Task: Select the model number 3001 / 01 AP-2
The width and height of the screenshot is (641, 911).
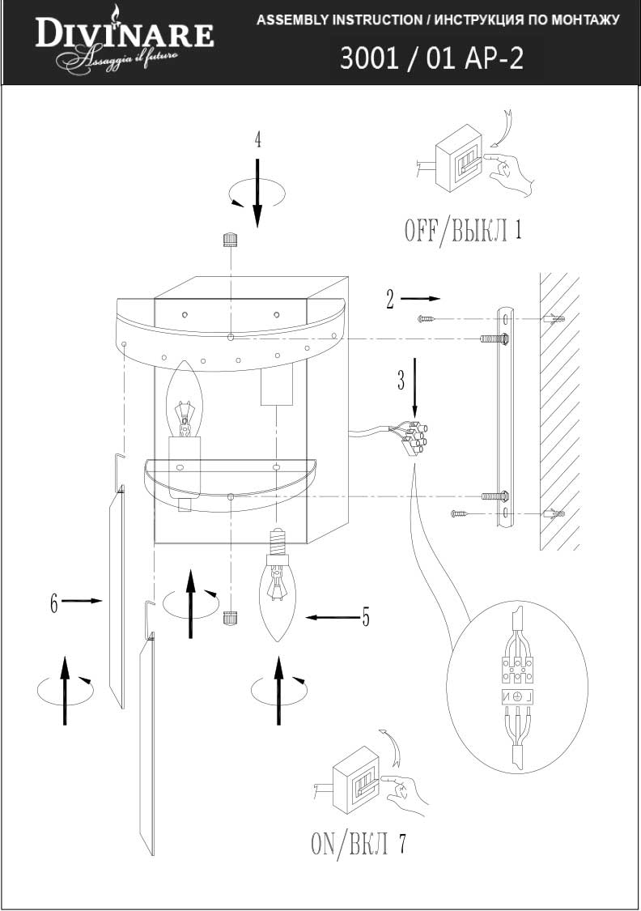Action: [x=431, y=59]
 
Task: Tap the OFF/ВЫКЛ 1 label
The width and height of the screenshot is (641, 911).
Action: [x=462, y=231]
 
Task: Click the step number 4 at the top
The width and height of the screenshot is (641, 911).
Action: [x=257, y=139]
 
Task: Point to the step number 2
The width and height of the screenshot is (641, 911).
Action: [x=390, y=300]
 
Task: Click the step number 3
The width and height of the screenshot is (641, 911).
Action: [x=401, y=381]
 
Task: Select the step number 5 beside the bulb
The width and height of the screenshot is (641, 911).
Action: [x=366, y=618]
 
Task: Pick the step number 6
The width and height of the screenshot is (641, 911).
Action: [x=54, y=602]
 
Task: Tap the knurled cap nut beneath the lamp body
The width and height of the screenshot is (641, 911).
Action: [x=230, y=618]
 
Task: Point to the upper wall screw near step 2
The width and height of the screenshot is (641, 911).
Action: [x=427, y=319]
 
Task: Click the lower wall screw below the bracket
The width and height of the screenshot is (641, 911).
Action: [x=458, y=513]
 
